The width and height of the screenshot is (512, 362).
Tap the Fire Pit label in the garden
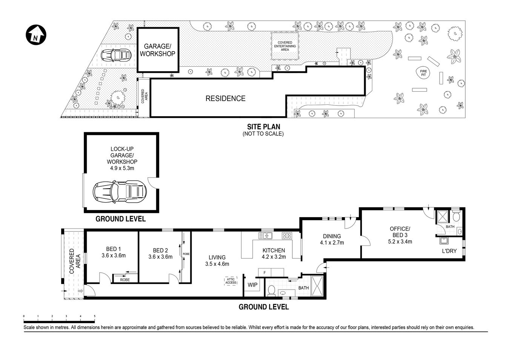[x=423, y=73]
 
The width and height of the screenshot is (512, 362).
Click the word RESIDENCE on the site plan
[x=225, y=99]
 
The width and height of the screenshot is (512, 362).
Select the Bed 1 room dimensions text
[x=114, y=256]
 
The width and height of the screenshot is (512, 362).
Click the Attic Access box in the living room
[x=231, y=281]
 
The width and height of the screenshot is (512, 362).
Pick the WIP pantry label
[x=252, y=285]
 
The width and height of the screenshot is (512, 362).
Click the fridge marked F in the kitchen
[x=265, y=272]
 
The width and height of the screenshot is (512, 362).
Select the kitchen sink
[x=266, y=236]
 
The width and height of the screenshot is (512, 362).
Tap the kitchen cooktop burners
[x=287, y=236]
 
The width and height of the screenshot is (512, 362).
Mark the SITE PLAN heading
[x=263, y=127]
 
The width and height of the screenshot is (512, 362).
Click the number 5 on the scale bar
[x=94, y=316]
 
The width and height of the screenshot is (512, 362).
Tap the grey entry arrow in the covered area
[x=80, y=291]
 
